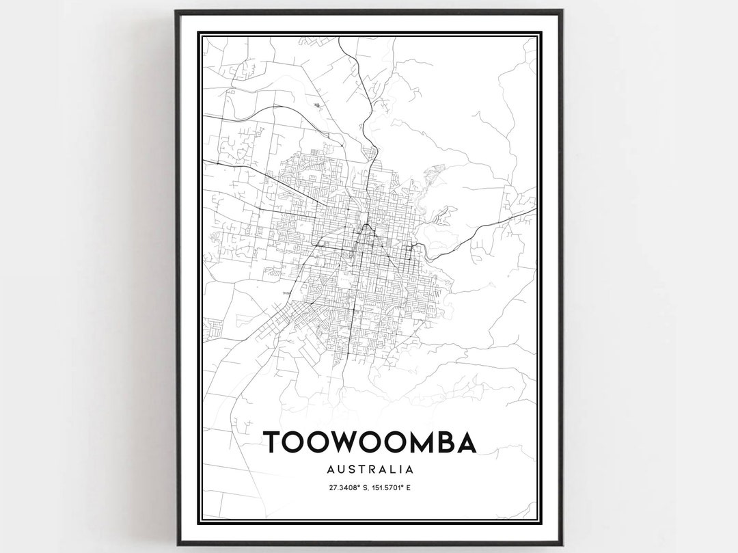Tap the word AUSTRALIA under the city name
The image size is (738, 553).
(370, 470)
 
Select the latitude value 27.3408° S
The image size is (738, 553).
(346, 487)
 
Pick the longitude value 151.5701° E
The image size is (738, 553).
(395, 487)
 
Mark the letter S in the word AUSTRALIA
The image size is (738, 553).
(352, 470)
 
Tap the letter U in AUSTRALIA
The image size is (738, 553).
(340, 470)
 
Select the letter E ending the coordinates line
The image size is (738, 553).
(415, 487)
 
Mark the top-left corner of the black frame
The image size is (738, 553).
(176, 11)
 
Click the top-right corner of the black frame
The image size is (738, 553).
(562, 11)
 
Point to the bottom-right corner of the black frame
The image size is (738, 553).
(563, 544)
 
